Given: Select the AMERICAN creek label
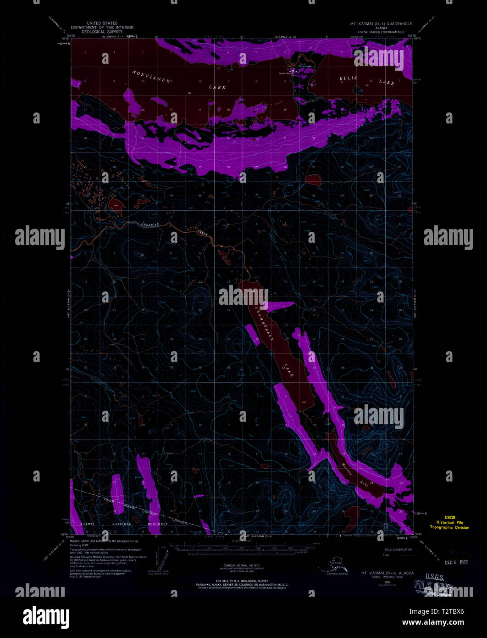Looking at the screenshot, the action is point(149,224).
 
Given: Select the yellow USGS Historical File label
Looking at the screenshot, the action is point(449,522).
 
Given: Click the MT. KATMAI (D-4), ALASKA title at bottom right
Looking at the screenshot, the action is point(387,573).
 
